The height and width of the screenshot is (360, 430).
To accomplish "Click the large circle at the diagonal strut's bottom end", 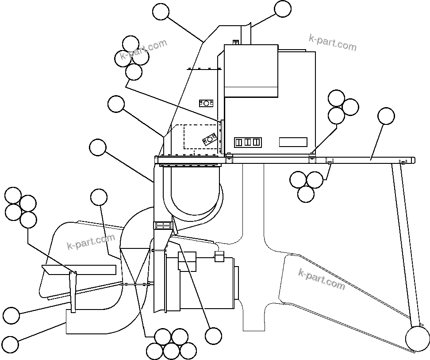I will click(418, 339).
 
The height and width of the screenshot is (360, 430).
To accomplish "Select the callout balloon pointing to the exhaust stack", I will click(283, 9).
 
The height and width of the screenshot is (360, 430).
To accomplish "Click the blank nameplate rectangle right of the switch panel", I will click(293, 142).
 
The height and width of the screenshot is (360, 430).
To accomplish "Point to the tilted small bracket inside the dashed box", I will click(207, 140).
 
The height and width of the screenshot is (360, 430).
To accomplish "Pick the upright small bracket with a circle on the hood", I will click(206, 103).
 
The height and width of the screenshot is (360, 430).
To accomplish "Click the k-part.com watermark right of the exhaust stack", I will click(332, 43).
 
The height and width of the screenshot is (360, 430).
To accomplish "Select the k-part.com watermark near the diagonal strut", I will click(322, 279).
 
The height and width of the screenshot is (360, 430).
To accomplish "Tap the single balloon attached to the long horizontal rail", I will click(386, 116).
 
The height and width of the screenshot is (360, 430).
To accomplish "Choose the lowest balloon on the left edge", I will click(11, 344).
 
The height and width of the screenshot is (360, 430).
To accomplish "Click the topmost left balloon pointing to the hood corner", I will click(161, 12).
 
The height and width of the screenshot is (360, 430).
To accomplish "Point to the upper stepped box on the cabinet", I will click(251, 71).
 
